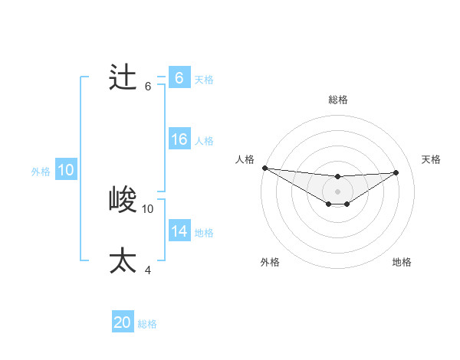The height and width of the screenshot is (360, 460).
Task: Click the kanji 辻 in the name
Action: click(123, 78)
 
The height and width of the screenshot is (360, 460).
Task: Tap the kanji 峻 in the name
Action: click(123, 201)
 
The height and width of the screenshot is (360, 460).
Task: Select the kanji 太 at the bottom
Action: click(123, 260)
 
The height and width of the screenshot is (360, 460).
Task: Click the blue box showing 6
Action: click(179, 78)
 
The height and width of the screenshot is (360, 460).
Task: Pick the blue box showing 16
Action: click(179, 139)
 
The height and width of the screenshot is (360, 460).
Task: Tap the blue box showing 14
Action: click(179, 231)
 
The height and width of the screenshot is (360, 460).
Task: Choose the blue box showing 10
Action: click(65, 170)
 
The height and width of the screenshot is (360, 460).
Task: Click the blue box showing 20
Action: click(123, 322)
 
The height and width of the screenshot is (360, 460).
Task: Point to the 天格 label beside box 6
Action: click(204, 79)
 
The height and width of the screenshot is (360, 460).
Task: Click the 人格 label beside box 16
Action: click(204, 141)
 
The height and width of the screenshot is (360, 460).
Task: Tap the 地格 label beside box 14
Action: click(204, 232)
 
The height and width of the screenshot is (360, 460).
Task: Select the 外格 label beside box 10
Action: click(41, 172)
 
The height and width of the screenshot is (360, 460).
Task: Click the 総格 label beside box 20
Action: click(147, 324)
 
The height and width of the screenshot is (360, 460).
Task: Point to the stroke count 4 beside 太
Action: click(148, 269)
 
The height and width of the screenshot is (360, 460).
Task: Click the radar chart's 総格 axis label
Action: click(337, 100)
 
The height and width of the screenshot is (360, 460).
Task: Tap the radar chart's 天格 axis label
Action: click(431, 159)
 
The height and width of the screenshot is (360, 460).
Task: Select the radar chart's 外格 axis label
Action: click(270, 262)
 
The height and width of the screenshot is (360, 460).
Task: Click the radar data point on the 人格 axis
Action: click(264, 168)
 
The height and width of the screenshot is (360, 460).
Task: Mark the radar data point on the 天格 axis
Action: click(396, 172)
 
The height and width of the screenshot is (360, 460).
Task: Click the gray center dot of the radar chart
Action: click(337, 191)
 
